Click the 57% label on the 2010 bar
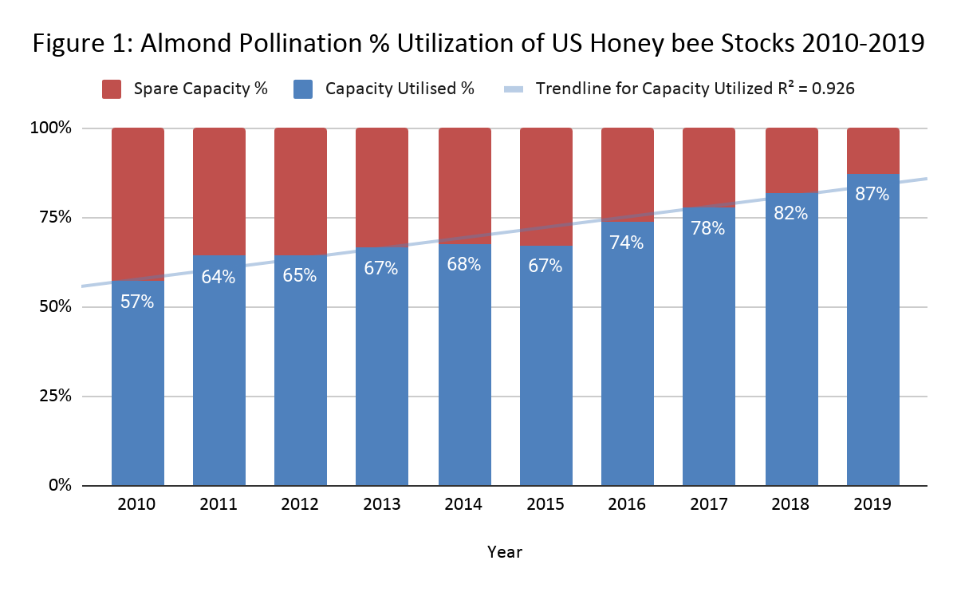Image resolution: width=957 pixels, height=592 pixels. tap(137, 302)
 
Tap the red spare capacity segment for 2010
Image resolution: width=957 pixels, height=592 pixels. tap(137, 203)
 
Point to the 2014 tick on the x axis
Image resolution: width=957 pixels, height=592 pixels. tap(463, 504)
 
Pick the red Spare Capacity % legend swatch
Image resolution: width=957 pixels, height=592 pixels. tap(110, 89)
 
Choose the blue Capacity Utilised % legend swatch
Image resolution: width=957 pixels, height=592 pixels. tap(304, 89)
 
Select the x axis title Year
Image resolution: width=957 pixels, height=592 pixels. tap(505, 551)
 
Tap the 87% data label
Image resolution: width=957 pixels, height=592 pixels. tap(872, 193)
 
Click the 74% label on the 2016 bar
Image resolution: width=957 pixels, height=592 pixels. tap(627, 243)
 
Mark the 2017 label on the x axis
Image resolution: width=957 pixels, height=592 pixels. tap(709, 504)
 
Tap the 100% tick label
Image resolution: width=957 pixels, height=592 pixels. tap(51, 128)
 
